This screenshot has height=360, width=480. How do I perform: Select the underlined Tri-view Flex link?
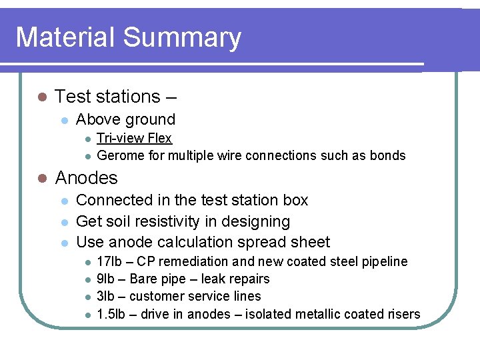click(134, 138)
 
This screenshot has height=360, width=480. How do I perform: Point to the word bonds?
click(389, 155)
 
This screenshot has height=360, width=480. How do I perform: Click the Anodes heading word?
click(86, 178)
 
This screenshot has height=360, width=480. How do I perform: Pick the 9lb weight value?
click(104, 279)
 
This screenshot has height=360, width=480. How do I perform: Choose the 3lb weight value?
click(104, 296)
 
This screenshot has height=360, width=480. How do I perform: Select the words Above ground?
click(125, 120)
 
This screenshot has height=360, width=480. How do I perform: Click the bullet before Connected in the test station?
click(63, 201)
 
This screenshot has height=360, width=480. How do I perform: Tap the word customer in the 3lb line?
click(163, 296)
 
